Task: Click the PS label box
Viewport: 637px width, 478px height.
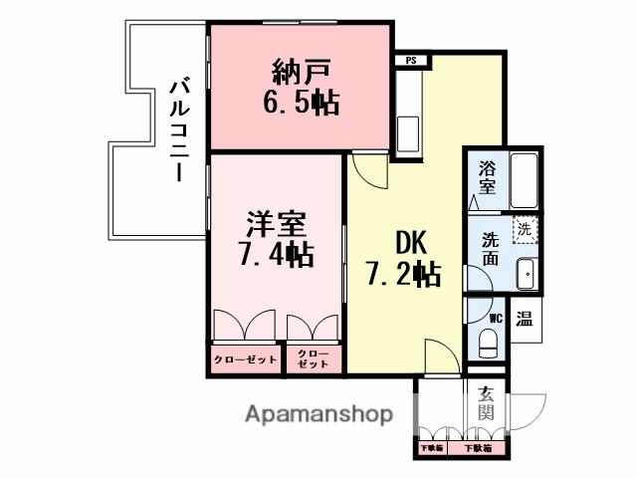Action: point(410,60)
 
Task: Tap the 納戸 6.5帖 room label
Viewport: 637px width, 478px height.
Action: point(298,87)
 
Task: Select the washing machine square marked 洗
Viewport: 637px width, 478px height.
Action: point(524,230)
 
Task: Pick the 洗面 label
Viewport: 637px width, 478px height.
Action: point(491,249)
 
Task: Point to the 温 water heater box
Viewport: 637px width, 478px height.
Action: point(525,320)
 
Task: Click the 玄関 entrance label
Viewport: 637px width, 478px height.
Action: point(486,402)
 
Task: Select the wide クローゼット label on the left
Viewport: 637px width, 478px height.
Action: point(246,359)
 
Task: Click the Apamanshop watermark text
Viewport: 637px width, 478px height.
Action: point(318,414)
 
